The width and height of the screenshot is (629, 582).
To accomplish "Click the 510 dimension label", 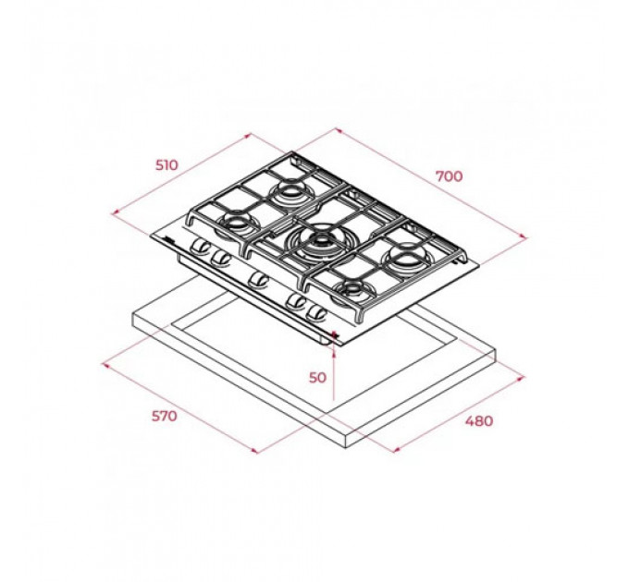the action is (166, 164).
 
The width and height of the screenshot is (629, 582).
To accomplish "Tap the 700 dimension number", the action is (449, 176).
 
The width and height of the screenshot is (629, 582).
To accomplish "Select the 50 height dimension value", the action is (317, 377).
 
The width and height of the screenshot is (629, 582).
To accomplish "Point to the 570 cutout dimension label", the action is (164, 416).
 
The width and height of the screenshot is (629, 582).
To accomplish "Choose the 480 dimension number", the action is (479, 421).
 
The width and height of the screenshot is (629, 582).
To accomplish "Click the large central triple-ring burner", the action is (319, 241).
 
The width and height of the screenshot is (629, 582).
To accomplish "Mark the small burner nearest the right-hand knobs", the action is (352, 290).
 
